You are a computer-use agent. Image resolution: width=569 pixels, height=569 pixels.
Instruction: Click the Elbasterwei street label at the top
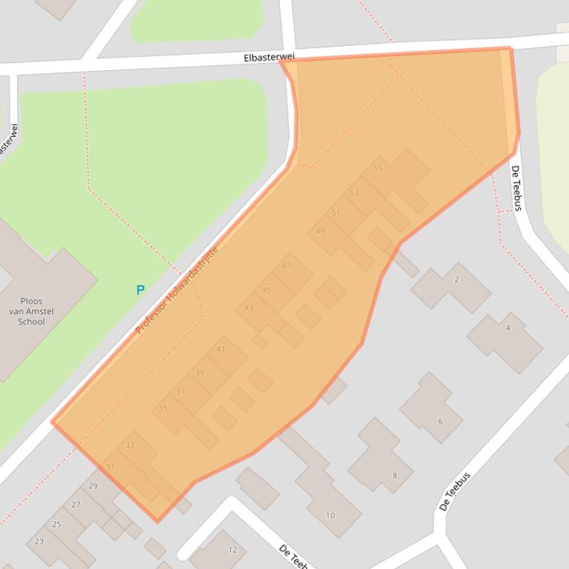pos(269,57)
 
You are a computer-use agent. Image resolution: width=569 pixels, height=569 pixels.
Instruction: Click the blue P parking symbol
pos(140,290)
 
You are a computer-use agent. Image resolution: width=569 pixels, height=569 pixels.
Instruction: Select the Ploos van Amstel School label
pos(32,311)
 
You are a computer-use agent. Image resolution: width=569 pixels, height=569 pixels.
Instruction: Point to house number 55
pos(378,168)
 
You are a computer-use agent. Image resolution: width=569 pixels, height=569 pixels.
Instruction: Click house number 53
pos(354,194)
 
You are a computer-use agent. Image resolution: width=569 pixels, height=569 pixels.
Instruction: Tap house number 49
pos(320,231)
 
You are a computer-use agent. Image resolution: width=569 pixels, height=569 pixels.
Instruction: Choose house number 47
pos(286,266)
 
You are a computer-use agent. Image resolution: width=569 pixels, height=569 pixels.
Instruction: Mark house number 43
pos(249,307)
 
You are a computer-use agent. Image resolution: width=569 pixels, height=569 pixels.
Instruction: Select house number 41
pos(220,350)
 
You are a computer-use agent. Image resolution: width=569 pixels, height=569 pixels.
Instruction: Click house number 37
pos(181,392)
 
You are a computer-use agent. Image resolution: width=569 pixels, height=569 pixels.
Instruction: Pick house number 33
pos(130,445)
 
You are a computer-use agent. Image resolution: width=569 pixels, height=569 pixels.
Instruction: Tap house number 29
pos(93,485)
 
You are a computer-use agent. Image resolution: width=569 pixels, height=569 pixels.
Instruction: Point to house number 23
pos(39,541)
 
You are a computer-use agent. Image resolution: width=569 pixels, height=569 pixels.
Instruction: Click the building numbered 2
pos(457,279)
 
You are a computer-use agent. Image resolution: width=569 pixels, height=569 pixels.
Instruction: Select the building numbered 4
pos(508,327)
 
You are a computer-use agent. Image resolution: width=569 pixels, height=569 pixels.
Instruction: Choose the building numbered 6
pos(440,421)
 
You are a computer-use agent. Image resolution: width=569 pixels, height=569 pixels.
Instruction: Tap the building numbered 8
pos(394,475)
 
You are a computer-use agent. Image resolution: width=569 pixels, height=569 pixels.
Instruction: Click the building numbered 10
pos(330,515)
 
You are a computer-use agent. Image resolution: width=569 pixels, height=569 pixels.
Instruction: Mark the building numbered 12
pos(232,549)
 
